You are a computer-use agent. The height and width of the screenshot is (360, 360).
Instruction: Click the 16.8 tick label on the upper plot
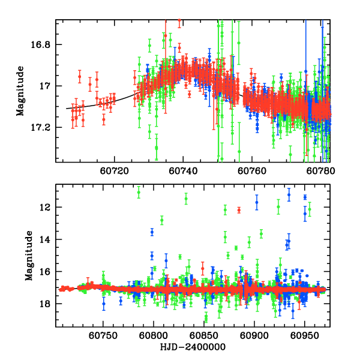click(43, 45)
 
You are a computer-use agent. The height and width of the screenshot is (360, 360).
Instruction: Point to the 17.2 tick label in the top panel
click(43, 128)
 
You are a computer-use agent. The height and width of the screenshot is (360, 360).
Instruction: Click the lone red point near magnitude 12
click(239, 210)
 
